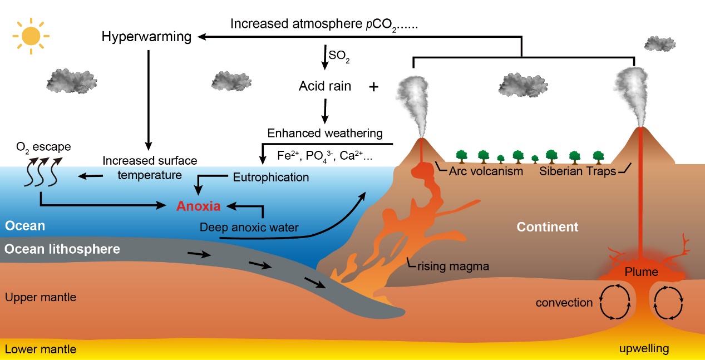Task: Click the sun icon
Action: point(31,37)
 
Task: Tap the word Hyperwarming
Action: point(147,37)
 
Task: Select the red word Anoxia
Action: point(199,206)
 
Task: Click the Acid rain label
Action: point(325,86)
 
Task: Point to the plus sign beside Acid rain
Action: point(374,87)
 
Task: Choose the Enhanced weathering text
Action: point(325,133)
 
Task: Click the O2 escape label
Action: point(43,147)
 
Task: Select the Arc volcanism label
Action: point(486,171)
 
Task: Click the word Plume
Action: point(642,272)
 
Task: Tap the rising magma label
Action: point(453,266)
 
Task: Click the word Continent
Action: point(548,227)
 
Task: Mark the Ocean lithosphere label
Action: point(62,249)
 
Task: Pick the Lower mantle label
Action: point(41,349)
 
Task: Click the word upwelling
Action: point(644,349)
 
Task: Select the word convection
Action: point(564,303)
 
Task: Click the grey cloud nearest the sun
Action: point(69,81)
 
